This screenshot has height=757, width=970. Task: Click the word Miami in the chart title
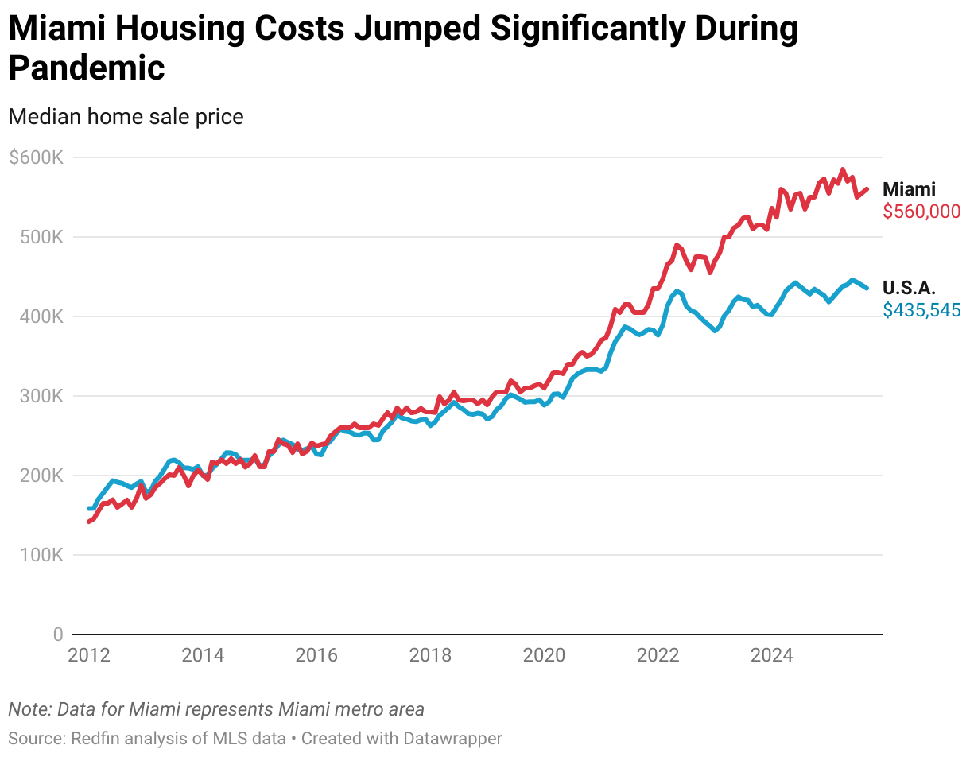point(56,29)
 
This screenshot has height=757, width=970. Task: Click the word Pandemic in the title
point(87,68)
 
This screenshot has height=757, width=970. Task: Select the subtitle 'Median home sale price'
point(126,117)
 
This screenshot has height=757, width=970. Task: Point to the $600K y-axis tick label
point(36,157)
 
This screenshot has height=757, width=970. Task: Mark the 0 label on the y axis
point(57,635)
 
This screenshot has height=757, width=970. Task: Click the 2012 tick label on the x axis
point(89,656)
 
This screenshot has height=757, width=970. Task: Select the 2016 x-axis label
point(316,656)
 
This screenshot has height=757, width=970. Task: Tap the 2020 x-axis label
point(544,656)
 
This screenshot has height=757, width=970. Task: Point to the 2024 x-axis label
point(771,656)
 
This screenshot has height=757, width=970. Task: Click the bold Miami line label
point(909,189)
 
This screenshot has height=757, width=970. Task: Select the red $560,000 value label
point(921,212)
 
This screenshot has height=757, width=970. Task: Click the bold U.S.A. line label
point(909,288)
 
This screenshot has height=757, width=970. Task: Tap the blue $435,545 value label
point(921,310)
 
